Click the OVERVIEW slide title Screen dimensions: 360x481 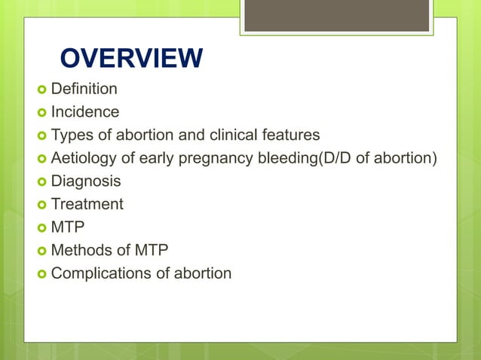[130, 59]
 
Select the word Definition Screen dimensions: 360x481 [84, 90]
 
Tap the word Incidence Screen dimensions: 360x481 [84, 112]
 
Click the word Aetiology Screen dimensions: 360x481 [82, 158]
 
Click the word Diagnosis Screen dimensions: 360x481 [85, 182]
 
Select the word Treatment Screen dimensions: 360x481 [87, 204]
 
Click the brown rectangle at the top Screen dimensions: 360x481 [336, 16]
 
